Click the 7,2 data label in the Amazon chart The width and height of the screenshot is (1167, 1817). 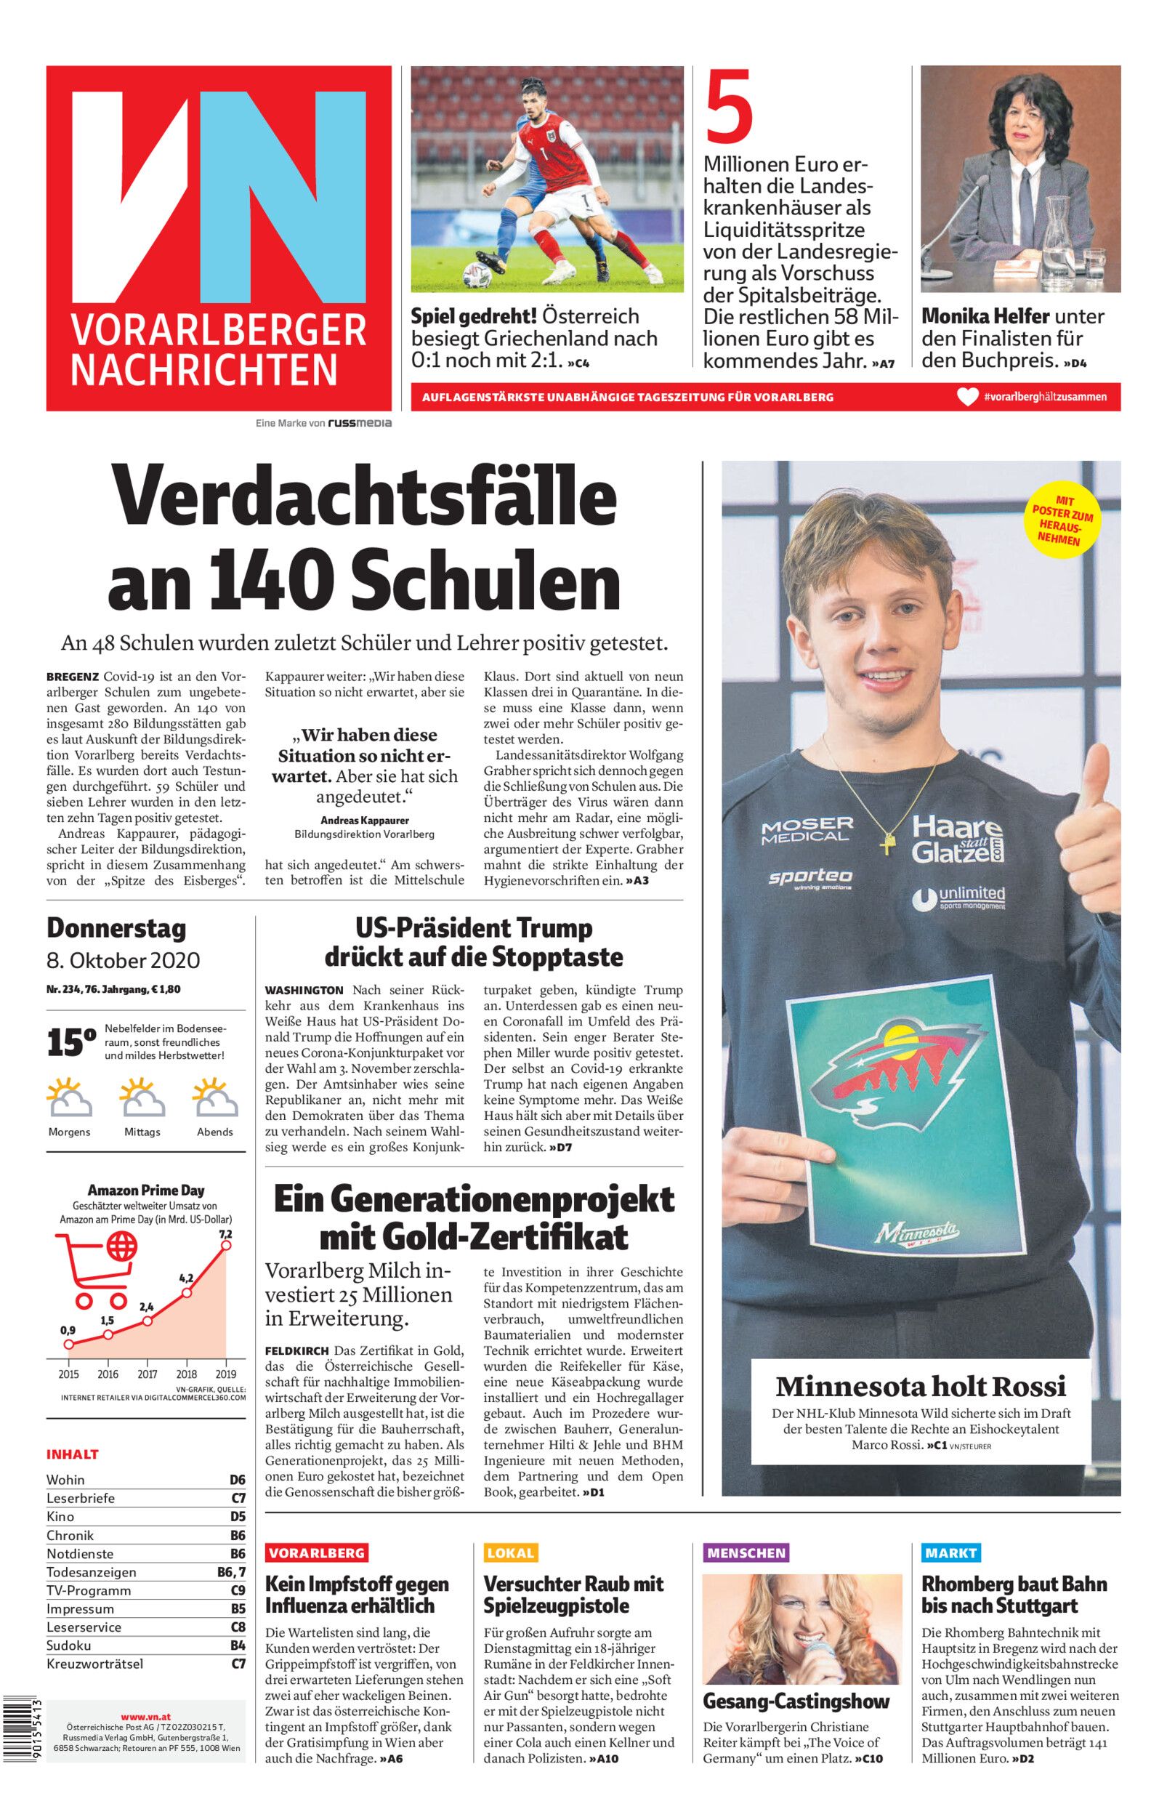coord(225,1234)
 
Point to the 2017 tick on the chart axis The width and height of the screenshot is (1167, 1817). coord(147,1374)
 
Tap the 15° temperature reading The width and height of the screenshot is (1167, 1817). coord(71,1043)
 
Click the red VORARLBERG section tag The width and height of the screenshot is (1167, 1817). coord(317,1552)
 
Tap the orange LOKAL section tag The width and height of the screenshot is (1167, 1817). coord(511,1552)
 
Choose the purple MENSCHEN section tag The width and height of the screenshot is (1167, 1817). coord(746,1552)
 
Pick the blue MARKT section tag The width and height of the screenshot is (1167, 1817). coord(950,1552)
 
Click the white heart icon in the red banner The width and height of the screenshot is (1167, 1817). coord(967,396)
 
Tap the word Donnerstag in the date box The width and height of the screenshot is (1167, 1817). coord(116,928)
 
